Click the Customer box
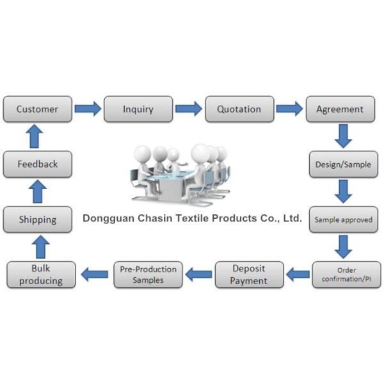(37, 109)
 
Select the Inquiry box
(138, 109)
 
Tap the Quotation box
(239, 109)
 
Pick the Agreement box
(340, 109)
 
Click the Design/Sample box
(343, 164)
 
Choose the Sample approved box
(343, 220)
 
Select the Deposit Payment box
(249, 274)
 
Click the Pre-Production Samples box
(148, 275)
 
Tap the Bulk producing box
(40, 275)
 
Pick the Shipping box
(37, 220)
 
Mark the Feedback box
(37, 164)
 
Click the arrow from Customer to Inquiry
(88, 109)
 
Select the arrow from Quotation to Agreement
(289, 109)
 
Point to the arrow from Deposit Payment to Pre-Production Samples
(198, 275)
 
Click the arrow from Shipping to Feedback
(37, 192)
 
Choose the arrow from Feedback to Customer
(37, 137)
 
